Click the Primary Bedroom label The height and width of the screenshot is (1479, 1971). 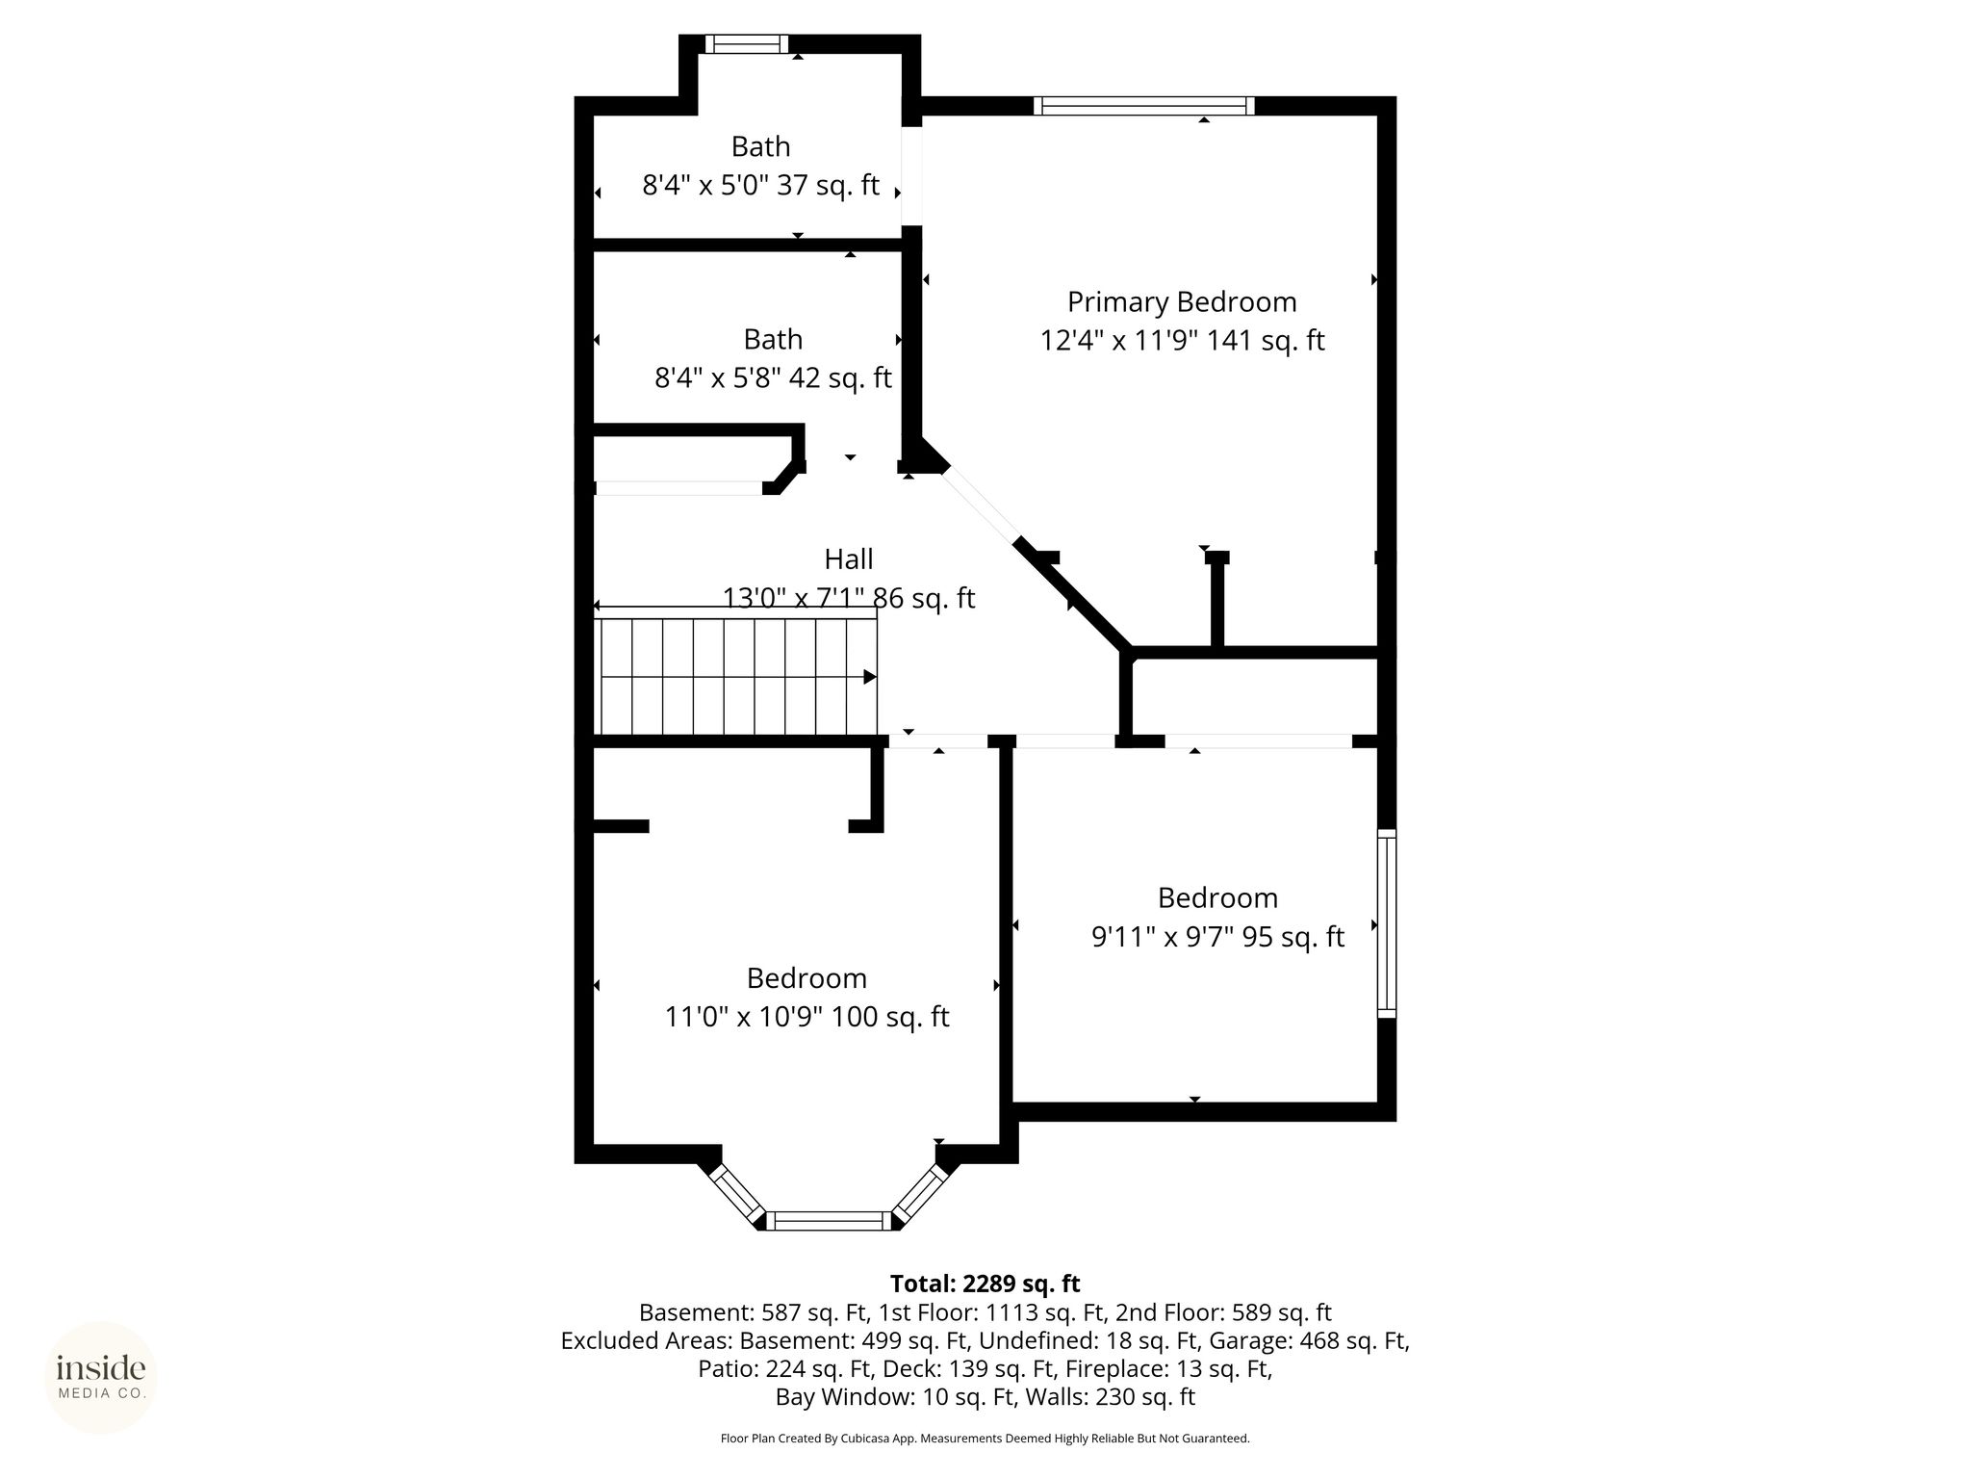(x=1182, y=302)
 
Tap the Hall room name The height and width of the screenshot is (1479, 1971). (x=849, y=559)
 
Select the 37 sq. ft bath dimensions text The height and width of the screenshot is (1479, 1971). (x=760, y=185)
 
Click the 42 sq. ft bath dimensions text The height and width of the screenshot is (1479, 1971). (x=773, y=377)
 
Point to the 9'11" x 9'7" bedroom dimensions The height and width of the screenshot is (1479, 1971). (x=1217, y=936)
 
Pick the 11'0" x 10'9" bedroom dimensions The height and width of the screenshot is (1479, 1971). (x=806, y=1017)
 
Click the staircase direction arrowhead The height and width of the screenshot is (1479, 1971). (x=870, y=677)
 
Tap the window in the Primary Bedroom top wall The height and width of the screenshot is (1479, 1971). (x=1144, y=106)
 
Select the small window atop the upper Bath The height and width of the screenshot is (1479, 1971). (x=747, y=44)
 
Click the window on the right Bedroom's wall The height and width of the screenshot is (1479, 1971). (x=1387, y=923)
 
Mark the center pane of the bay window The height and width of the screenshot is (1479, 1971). (x=829, y=1221)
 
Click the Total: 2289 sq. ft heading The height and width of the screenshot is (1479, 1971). (x=985, y=1284)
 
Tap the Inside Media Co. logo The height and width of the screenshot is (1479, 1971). (x=101, y=1377)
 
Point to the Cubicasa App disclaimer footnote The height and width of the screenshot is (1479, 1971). (x=985, y=1439)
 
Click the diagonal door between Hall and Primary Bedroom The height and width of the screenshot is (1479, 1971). (x=980, y=506)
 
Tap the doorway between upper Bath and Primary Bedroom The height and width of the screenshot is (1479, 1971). (x=911, y=176)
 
